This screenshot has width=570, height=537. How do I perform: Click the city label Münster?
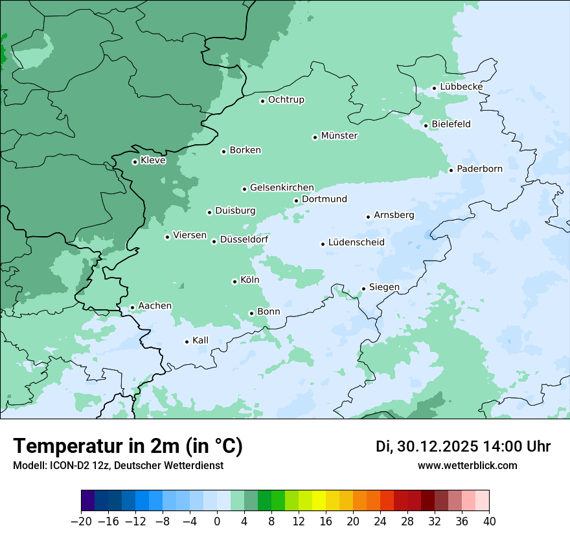[339, 136]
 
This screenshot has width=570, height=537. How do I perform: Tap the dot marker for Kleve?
[135, 162]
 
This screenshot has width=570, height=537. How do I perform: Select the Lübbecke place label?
[461, 87]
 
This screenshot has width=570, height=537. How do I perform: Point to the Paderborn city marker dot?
[451, 170]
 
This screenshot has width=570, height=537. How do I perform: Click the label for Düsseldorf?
[244, 240]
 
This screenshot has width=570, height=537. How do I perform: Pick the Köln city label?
[249, 280]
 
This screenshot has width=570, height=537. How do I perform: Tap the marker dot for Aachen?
[132, 307]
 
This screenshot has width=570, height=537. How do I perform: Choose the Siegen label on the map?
[384, 287]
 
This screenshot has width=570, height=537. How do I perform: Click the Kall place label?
[200, 340]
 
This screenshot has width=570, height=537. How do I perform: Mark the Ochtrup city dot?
[262, 100]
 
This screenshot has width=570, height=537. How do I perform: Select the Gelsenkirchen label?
[282, 188]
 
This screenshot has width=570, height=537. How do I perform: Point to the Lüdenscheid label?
[356, 243]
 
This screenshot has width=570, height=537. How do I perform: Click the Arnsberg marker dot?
[368, 217]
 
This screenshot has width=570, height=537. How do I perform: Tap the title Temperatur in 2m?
[128, 446]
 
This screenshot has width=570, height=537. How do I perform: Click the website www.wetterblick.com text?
[467, 465]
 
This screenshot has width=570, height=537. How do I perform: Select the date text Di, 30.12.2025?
[427, 446]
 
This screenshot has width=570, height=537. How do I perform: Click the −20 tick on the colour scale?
[82, 521]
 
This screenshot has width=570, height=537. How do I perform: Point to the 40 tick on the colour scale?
[489, 521]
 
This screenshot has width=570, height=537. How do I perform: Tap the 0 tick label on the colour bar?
[217, 521]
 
